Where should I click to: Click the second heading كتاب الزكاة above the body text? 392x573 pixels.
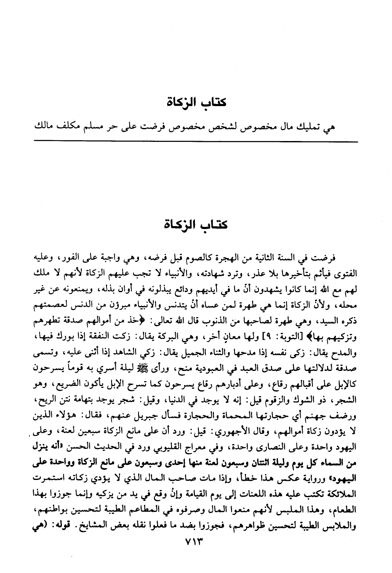pos(195,224)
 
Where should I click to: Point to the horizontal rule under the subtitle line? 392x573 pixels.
pos(195,142)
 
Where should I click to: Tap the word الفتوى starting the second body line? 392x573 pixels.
pos(345,274)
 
